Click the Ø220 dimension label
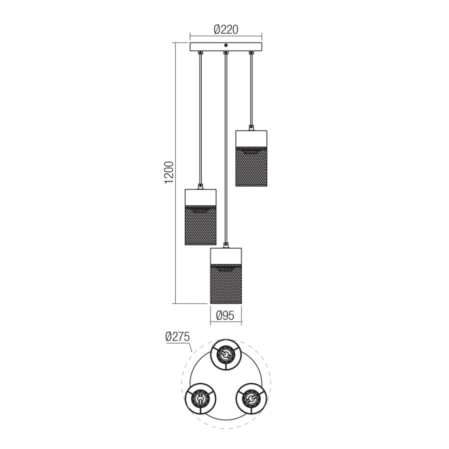click(226, 29)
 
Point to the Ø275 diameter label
click(177, 337)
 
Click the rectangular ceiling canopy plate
click(226, 47)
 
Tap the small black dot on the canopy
click(226, 46)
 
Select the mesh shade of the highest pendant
click(251, 166)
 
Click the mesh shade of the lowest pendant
click(226, 283)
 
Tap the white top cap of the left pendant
click(201, 197)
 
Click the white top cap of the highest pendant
click(251, 138)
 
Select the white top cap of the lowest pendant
click(226, 256)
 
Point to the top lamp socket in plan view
click(226, 355)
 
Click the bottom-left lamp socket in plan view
click(200, 399)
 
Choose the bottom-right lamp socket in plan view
click(251, 399)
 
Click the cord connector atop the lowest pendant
click(226, 244)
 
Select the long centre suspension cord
click(226, 145)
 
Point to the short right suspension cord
click(251, 88)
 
